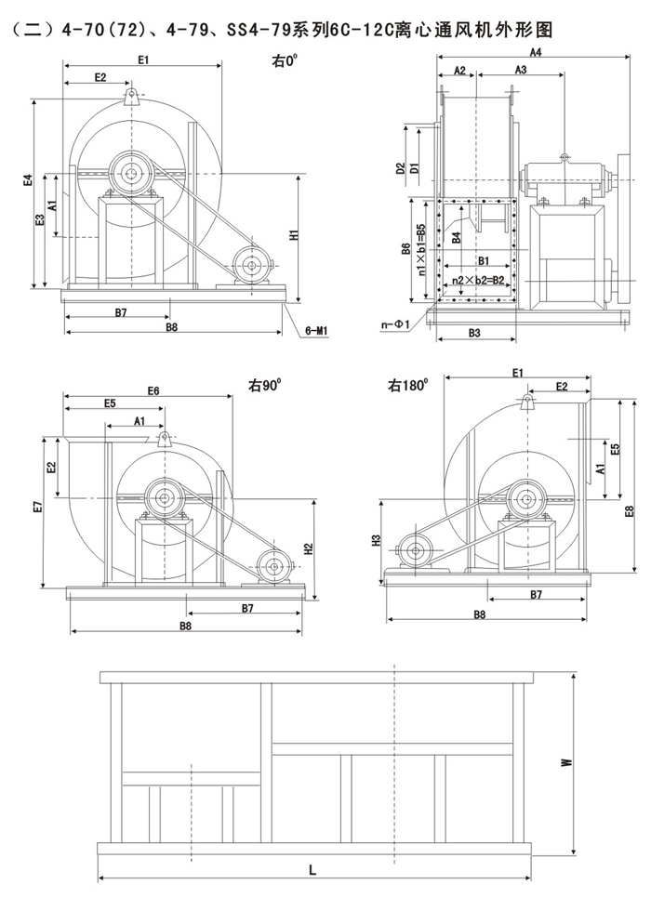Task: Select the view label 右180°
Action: coord(408,383)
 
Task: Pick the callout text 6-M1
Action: coord(319,331)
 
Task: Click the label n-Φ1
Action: coord(393,324)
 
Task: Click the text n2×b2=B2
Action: coord(478,279)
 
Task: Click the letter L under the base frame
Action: coord(312,870)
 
